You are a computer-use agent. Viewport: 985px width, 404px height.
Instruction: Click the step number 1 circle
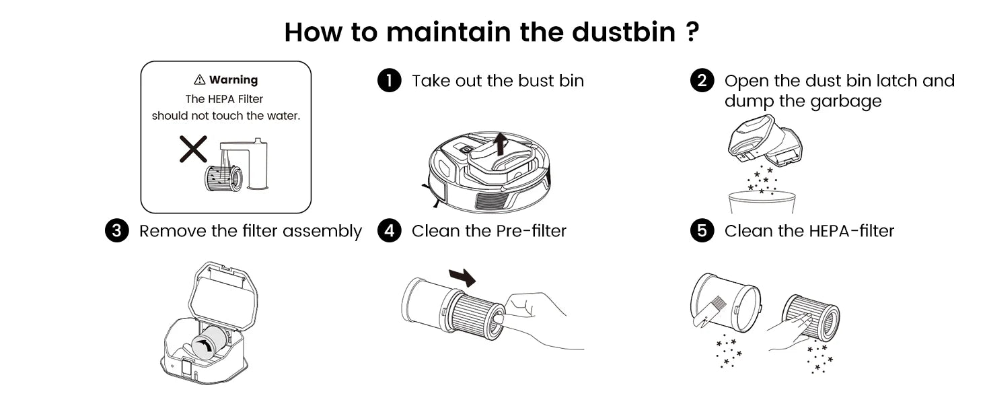389,81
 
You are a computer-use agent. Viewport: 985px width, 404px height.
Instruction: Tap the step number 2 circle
702,81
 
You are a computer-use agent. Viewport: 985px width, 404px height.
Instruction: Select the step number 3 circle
116,230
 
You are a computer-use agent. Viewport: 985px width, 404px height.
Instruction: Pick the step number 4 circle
389,230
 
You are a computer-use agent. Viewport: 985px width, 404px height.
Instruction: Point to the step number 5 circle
702,230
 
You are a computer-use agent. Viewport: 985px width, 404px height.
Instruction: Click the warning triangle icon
200,79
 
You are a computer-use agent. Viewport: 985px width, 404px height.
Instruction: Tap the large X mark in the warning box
194,149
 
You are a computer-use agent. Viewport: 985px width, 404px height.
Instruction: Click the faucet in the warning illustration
247,164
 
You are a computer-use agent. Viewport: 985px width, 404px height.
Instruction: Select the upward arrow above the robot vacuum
500,144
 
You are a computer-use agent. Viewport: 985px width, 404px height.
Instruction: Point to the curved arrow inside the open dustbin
204,345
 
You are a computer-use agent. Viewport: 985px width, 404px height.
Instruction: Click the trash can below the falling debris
762,203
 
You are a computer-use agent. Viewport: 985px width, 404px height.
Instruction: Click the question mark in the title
692,32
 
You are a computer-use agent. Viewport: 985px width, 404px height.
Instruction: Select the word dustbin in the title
624,32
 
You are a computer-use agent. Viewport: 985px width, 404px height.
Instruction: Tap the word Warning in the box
233,79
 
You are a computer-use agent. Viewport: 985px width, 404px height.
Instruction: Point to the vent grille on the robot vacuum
493,200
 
